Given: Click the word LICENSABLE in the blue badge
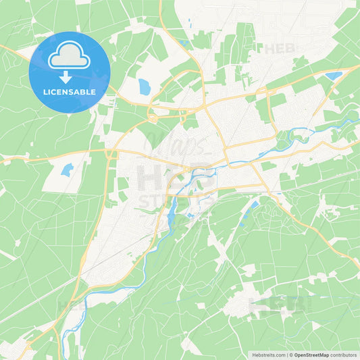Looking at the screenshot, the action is [69, 91].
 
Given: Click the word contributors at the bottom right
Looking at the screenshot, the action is [344, 355].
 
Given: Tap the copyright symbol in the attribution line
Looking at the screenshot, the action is [290, 355].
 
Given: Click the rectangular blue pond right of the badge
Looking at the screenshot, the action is [145, 86].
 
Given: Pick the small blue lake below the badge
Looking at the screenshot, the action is [66, 170].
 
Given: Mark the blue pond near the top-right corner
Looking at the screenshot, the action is [334, 76].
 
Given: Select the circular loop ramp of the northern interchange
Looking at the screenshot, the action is [153, 117].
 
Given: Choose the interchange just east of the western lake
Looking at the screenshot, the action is [110, 155].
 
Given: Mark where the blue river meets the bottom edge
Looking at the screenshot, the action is [64, 357].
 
